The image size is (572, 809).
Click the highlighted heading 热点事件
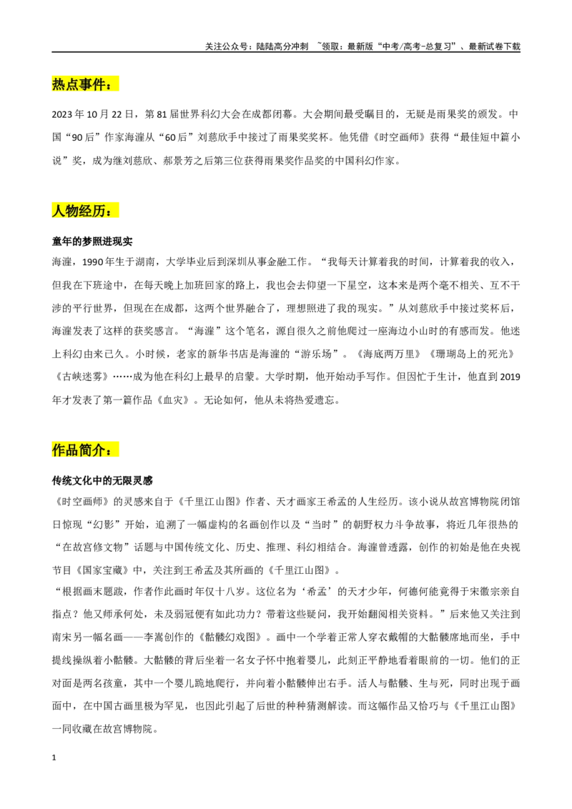(x=85, y=84)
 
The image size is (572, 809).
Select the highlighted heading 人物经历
(x=85, y=211)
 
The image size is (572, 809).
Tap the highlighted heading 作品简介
(x=85, y=450)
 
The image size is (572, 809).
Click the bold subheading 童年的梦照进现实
(x=92, y=242)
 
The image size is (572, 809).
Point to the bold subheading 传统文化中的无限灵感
(x=102, y=480)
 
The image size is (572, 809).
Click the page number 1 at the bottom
(x=54, y=758)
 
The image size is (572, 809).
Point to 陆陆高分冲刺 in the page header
(x=282, y=46)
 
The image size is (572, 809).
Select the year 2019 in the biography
(x=510, y=377)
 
